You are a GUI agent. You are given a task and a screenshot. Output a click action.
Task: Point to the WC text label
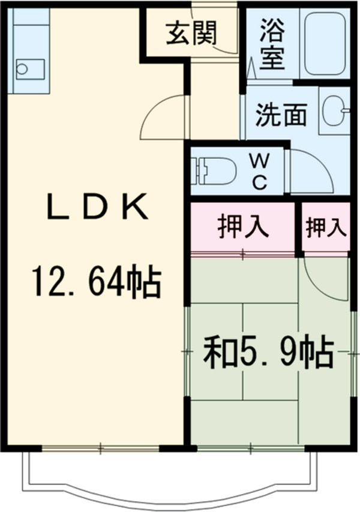pos(260,172)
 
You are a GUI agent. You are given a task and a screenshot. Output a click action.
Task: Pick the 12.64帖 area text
pos(96,283)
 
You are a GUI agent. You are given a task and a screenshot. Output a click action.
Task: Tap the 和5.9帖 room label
pos(268,354)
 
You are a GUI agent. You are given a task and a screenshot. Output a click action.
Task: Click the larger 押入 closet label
pos(242,228)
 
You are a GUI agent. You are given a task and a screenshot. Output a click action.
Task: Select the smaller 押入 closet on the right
pos(326,228)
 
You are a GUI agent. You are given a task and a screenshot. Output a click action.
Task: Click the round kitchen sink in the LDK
pos(22,68)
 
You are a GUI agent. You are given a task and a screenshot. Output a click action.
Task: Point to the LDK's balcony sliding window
pos(100,448)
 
